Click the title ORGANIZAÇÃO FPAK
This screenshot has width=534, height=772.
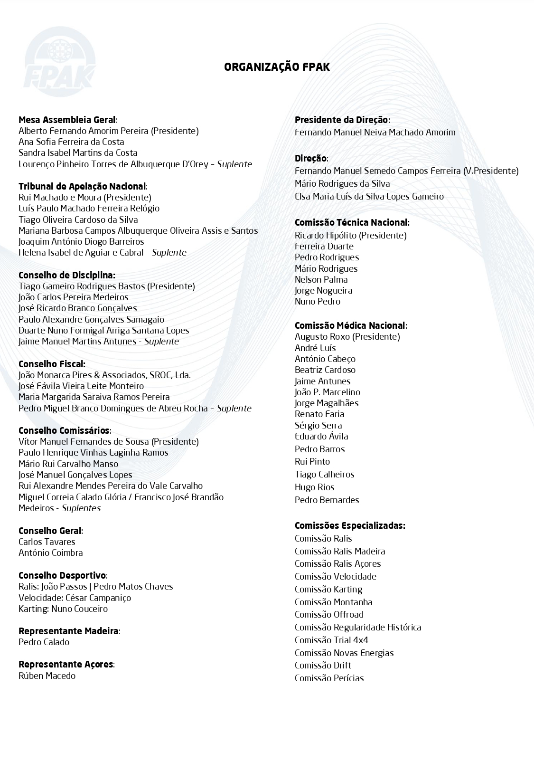[277, 67]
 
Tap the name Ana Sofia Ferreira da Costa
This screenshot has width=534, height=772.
[71, 142]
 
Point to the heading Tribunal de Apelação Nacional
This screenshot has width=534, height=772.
[82, 186]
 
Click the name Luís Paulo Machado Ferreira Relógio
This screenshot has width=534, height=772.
[89, 208]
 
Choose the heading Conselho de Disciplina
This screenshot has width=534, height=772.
[66, 275]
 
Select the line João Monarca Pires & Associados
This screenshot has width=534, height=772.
[104, 375]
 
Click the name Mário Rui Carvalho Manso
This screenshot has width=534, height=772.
[68, 464]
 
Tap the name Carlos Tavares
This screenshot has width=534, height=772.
[47, 542]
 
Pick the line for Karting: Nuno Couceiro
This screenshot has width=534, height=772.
[63, 609]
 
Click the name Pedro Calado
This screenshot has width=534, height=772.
[44, 642]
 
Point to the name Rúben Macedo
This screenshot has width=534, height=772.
[47, 676]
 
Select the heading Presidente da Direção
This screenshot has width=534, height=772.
[341, 120]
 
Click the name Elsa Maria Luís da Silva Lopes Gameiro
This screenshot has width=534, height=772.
[369, 196]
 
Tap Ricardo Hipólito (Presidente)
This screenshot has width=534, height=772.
[350, 235]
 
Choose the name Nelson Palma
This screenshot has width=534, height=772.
[321, 279]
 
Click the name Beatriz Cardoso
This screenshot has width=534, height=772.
[325, 370]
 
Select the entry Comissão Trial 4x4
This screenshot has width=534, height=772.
[331, 640]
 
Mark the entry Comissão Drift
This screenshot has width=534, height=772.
[323, 665]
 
